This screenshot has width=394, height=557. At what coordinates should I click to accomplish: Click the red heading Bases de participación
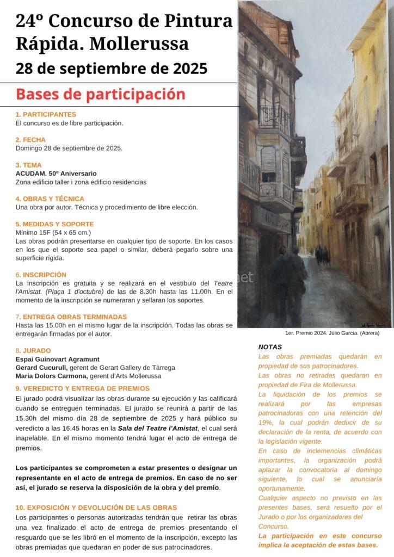click(101, 94)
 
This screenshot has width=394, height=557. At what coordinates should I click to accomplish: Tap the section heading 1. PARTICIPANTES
click(46, 114)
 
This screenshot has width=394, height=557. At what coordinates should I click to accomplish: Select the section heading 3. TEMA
click(28, 165)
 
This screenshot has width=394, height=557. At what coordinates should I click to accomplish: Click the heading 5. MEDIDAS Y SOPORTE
click(54, 224)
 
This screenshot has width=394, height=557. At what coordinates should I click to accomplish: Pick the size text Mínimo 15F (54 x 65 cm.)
click(53, 232)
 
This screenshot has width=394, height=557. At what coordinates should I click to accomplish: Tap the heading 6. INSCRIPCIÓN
click(41, 275)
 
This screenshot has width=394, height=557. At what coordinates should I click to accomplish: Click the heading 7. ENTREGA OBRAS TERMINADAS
click(71, 317)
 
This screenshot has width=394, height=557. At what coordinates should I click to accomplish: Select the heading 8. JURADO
click(33, 350)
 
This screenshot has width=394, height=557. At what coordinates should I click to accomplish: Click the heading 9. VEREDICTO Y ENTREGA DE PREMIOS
click(82, 388)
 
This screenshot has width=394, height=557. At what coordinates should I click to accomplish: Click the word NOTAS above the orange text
click(270, 346)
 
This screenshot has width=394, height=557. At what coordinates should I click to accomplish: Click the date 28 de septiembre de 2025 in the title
click(112, 69)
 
